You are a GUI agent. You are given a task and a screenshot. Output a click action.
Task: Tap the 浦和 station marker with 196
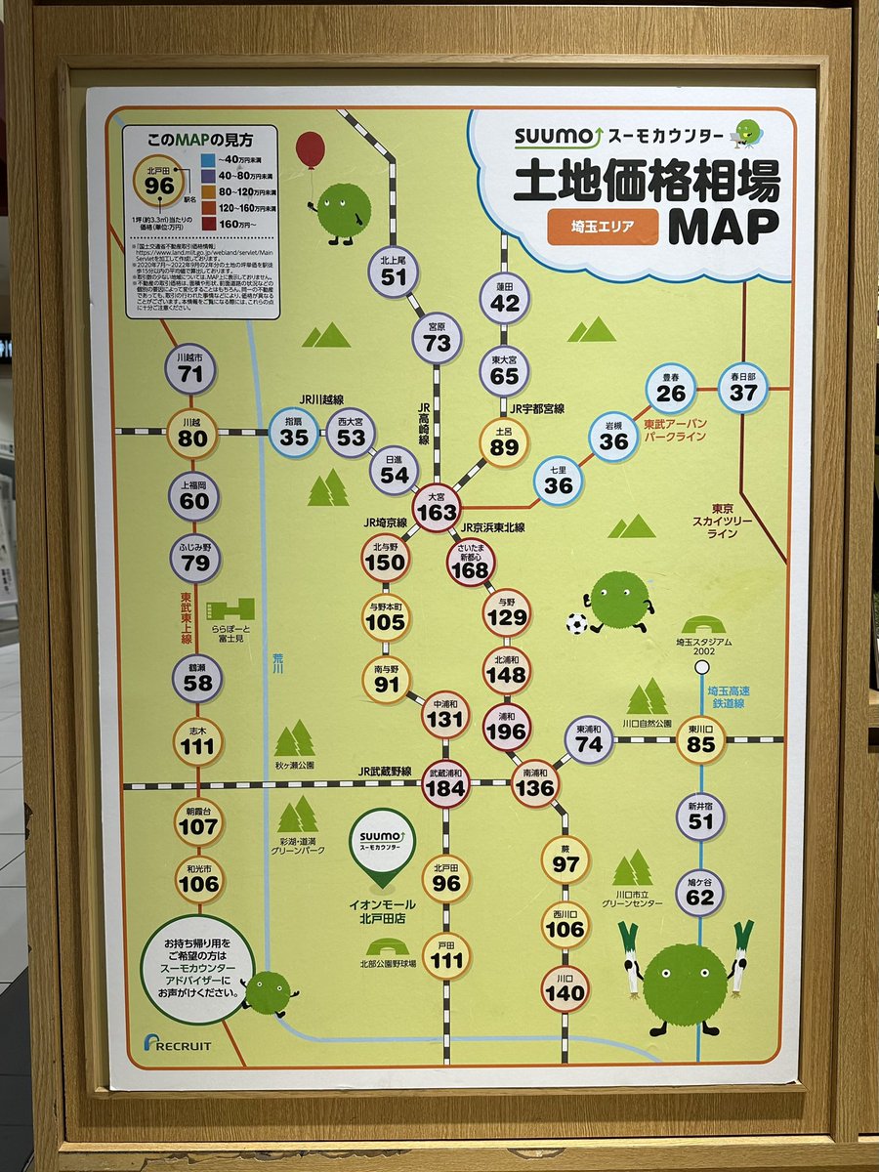point(507,728)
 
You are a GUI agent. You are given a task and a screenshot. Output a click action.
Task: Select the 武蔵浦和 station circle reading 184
point(444,784)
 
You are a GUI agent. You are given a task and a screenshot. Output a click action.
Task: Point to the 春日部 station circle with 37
point(743,387)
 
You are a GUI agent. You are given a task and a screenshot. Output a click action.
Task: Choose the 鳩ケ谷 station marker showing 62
point(700,892)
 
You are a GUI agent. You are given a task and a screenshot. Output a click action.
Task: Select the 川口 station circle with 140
point(565,988)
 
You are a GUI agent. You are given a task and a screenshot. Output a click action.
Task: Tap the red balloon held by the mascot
point(311,150)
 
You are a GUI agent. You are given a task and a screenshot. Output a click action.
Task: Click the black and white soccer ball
point(576,623)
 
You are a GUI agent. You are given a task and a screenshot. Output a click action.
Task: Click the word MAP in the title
point(724,225)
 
